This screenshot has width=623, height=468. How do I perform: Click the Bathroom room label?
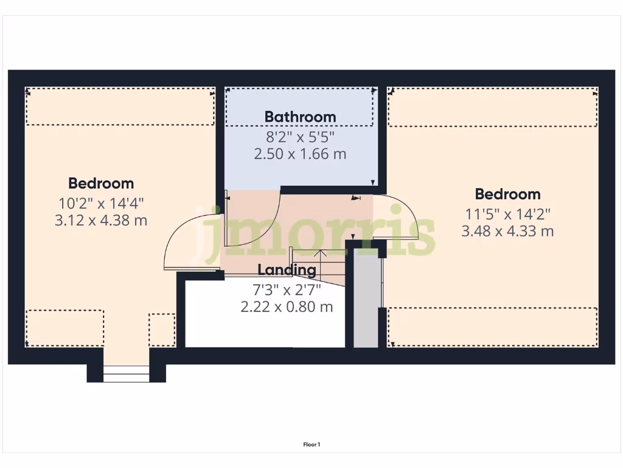coord(300,116)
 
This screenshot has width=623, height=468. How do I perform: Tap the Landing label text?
coord(287,270)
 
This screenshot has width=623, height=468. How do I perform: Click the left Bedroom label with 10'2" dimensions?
coord(101,183)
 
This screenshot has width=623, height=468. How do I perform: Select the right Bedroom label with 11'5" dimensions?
coord(507,194)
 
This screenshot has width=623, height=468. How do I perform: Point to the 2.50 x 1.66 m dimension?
coord(300,154)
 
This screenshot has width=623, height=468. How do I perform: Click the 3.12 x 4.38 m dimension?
coord(101,220)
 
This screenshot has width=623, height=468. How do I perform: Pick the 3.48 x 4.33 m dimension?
coord(507,231)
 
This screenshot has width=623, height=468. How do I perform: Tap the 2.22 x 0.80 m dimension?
coord(287,307)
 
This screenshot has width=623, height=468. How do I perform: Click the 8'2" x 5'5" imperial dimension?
coord(300,135)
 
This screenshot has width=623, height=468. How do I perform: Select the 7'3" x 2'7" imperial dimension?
coord(287,288)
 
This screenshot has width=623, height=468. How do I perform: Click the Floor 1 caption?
coord(311,445)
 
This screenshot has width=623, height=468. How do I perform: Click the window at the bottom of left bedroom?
coord(126,374)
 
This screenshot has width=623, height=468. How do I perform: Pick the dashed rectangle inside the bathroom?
coord(299,107)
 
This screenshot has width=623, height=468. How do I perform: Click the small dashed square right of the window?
coord(162,330)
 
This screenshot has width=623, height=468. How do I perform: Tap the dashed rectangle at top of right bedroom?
coord(492,107)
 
